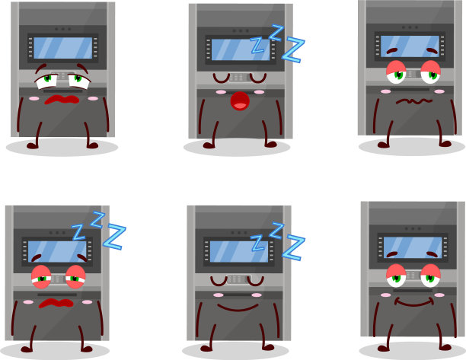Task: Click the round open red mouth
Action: tap(240, 101)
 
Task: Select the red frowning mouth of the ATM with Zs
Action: tap(56, 303)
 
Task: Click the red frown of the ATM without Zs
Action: tap(62, 100)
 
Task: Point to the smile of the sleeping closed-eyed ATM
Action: tap(238, 307)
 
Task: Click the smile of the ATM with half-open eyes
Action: tap(413, 303)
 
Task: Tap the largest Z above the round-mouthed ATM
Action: tap(293, 49)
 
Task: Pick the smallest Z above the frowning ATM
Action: tap(78, 232)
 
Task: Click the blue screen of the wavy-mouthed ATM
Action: tap(410, 46)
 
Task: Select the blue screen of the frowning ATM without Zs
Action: tap(63, 48)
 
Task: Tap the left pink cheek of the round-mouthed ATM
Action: tap(221, 92)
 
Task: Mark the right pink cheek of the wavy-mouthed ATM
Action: tap(439, 91)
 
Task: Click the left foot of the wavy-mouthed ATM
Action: tap(383, 145)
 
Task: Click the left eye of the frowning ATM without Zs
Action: tap(47, 81)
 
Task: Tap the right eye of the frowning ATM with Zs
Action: tap(75, 277)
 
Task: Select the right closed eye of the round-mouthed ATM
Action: tap(257, 78)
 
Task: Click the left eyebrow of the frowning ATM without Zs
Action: tap(41, 68)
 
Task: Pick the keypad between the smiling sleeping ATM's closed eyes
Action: tap(238, 279)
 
